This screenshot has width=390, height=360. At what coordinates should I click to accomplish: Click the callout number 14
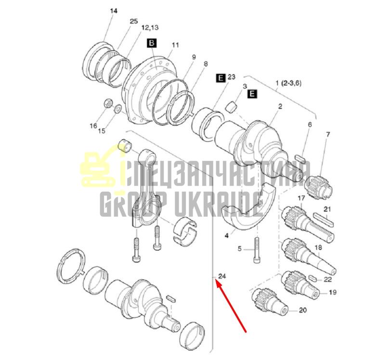pyautogui.click(x=114, y=11)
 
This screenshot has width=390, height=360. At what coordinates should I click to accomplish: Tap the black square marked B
pyautogui.click(x=152, y=43)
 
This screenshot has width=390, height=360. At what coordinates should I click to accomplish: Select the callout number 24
pyautogui.click(x=222, y=276)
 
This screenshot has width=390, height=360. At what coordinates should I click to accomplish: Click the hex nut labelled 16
pyautogui.click(x=108, y=103)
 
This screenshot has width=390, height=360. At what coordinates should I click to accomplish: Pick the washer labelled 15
pyautogui.click(x=117, y=109)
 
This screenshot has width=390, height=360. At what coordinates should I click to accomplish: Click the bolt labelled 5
pyautogui.click(x=257, y=250)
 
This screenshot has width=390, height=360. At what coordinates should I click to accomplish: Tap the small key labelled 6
pyautogui.click(x=300, y=159)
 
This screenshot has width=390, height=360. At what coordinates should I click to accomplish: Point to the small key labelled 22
pyautogui.click(x=312, y=278)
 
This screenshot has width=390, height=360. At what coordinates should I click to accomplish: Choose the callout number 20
pyautogui.click(x=303, y=310)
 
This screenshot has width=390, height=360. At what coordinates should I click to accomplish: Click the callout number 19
pyautogui.click(x=333, y=292)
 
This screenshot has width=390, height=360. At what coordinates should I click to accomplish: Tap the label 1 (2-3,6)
pyautogui.click(x=288, y=83)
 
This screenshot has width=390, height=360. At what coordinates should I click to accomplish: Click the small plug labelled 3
pyautogui.click(x=231, y=107)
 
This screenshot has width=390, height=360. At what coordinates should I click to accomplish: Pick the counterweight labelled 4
pyautogui.click(x=249, y=205)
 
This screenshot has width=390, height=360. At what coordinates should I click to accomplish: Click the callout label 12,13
pyautogui.click(x=150, y=27)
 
